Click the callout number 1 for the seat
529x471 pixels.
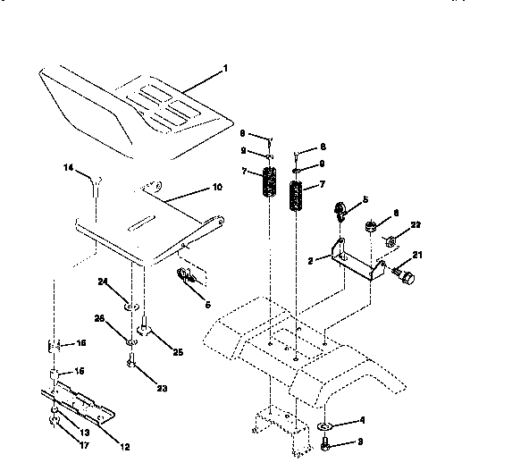[225, 69]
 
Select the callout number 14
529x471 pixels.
[68, 167]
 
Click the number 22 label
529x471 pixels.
[416, 223]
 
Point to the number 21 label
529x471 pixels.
[416, 256]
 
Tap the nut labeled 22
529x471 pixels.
[390, 241]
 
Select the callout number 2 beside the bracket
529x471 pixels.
[310, 260]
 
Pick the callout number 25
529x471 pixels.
[177, 352]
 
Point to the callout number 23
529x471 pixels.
[163, 388]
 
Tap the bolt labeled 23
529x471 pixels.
[131, 363]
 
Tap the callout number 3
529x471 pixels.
[362, 442]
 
